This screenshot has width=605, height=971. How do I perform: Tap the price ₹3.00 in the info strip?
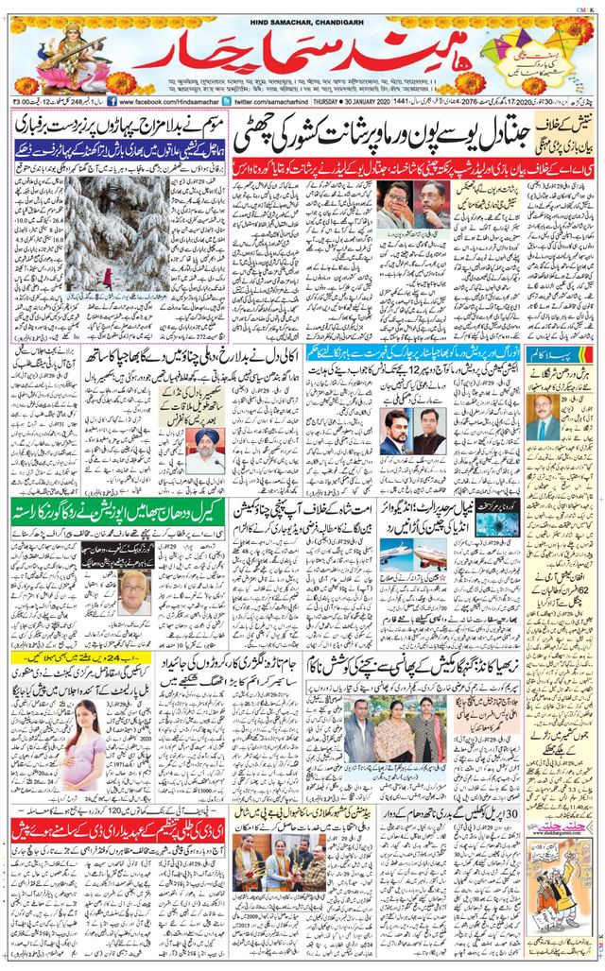tap(26, 100)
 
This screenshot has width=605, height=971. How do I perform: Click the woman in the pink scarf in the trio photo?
tap(394, 731)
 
